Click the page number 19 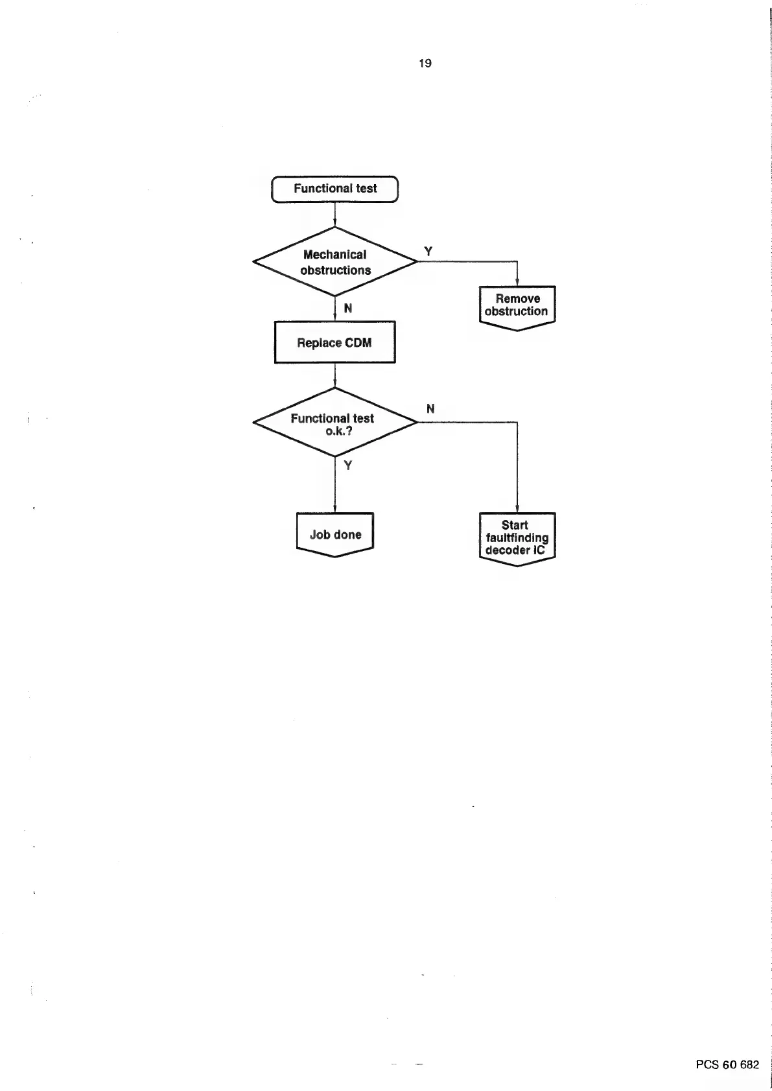coord(425,64)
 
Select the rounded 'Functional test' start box coord(334,189)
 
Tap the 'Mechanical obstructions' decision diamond coord(335,262)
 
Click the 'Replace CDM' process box coord(334,342)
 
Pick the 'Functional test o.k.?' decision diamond coord(335,423)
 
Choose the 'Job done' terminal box coord(335,534)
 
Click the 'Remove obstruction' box coord(517,306)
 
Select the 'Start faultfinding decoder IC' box coord(517,538)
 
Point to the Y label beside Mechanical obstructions coord(428,251)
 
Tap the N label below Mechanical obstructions coord(348,309)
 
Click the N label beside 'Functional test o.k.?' coord(430,409)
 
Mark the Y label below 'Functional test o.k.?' coord(348,465)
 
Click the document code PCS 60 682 coord(727,1064)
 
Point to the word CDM coord(358,343)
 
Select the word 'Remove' coord(517,299)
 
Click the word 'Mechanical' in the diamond coord(334,255)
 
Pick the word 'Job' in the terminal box coord(320,535)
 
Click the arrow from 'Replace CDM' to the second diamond coord(334,375)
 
